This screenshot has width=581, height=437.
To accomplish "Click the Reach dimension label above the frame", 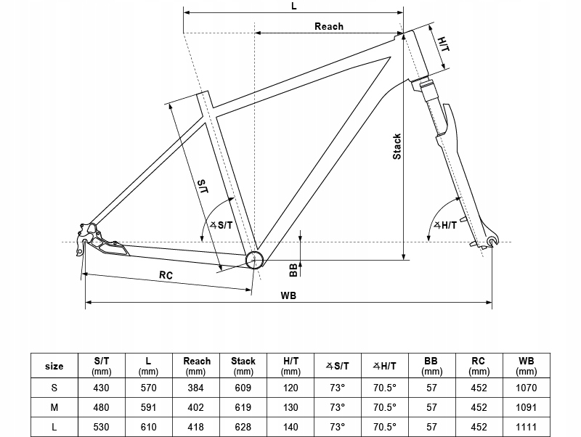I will pyautogui.click(x=328, y=26).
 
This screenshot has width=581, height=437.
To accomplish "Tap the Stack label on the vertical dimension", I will pyautogui.click(x=397, y=147).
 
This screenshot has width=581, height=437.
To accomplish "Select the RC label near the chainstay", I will pyautogui.click(x=166, y=274).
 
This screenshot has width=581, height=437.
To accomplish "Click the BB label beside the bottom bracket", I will pyautogui.click(x=293, y=269).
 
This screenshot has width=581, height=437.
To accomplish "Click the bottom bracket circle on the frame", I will pyautogui.click(x=255, y=260).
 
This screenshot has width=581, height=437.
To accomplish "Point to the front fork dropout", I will pyautogui.click(x=492, y=240).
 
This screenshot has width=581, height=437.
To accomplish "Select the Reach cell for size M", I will pyautogui.click(x=196, y=408).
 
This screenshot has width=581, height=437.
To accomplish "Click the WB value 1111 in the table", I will pyautogui.click(x=527, y=428).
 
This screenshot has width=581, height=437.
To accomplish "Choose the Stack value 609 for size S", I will pyautogui.click(x=243, y=388).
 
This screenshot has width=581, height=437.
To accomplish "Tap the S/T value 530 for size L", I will pyautogui.click(x=102, y=428).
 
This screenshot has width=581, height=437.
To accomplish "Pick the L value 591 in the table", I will pyautogui.click(x=149, y=408).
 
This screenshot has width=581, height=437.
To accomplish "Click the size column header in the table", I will pyautogui.click(x=54, y=366).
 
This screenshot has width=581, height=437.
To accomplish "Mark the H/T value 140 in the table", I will pyautogui.click(x=290, y=428).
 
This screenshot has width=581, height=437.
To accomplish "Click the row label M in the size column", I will pyautogui.click(x=54, y=408).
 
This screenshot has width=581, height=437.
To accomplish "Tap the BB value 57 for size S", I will pyautogui.click(x=431, y=388).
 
